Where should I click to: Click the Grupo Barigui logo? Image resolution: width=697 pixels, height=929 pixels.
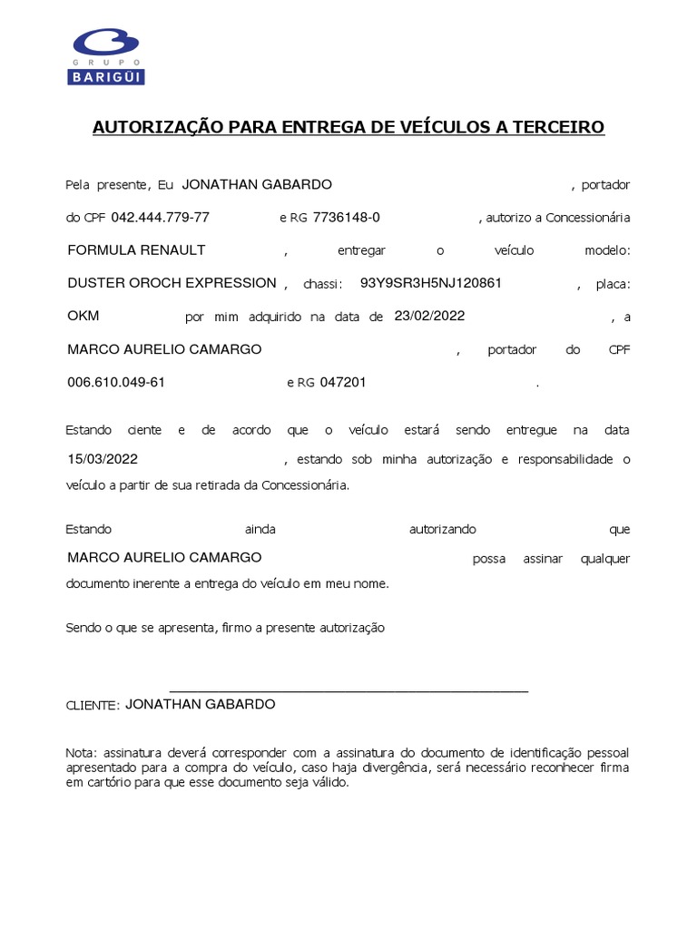pos(107,56)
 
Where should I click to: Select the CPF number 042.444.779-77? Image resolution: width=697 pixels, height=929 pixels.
pos(160,218)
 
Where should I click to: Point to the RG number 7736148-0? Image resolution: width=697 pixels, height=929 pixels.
pos(346,218)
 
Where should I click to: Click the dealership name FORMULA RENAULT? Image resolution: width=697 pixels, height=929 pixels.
pos(137,250)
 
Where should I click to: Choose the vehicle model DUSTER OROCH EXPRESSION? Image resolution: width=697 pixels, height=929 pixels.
pos(172,283)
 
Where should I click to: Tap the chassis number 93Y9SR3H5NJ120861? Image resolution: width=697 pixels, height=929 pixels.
pos(431,283)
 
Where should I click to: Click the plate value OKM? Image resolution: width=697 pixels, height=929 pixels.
pos(83,316)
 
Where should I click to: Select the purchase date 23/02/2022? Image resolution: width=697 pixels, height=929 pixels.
pos(429,316)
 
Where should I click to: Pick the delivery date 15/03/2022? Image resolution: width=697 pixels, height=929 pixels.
pos(103,459)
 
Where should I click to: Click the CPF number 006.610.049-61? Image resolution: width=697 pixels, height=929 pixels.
pos(116,382)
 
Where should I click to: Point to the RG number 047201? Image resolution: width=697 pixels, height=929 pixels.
pos(343,382)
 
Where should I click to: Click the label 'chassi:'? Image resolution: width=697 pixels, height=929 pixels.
pos(323,284)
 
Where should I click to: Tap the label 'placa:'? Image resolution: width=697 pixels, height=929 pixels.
pos(613,284)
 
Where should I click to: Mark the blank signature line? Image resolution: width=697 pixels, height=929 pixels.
pos(348,690)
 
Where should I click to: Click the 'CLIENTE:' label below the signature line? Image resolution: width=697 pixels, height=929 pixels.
pos(93,706)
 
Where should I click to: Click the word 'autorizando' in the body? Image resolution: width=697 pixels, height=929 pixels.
pos(443,529)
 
